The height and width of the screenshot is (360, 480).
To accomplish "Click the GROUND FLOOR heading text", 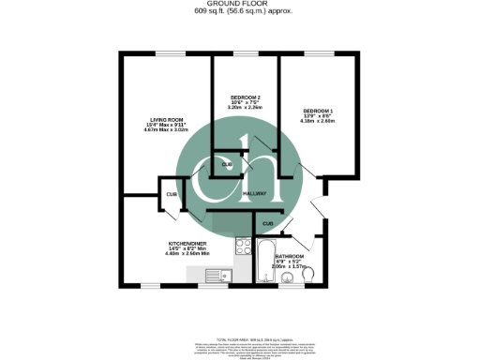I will (x=239, y=5).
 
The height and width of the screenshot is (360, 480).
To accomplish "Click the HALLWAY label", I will (x=255, y=194).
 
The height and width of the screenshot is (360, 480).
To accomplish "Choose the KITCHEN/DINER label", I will (x=187, y=242).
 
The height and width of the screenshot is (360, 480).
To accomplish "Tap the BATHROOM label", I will (x=289, y=256).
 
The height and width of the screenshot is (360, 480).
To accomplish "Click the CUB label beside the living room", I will (x=172, y=194).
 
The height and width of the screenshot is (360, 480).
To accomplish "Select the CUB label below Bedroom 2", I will (x=227, y=165).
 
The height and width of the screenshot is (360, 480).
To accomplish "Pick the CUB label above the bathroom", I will (x=267, y=224).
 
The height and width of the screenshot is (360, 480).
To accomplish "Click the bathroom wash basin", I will (x=287, y=277).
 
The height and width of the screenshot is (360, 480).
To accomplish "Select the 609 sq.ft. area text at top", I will (x=239, y=13).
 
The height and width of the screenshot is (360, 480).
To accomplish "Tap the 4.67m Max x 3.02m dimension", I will (x=167, y=131).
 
